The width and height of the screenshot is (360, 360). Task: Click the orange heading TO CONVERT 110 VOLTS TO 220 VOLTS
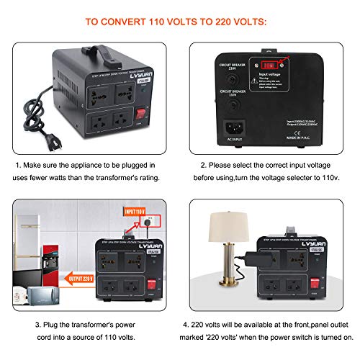(180, 22)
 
